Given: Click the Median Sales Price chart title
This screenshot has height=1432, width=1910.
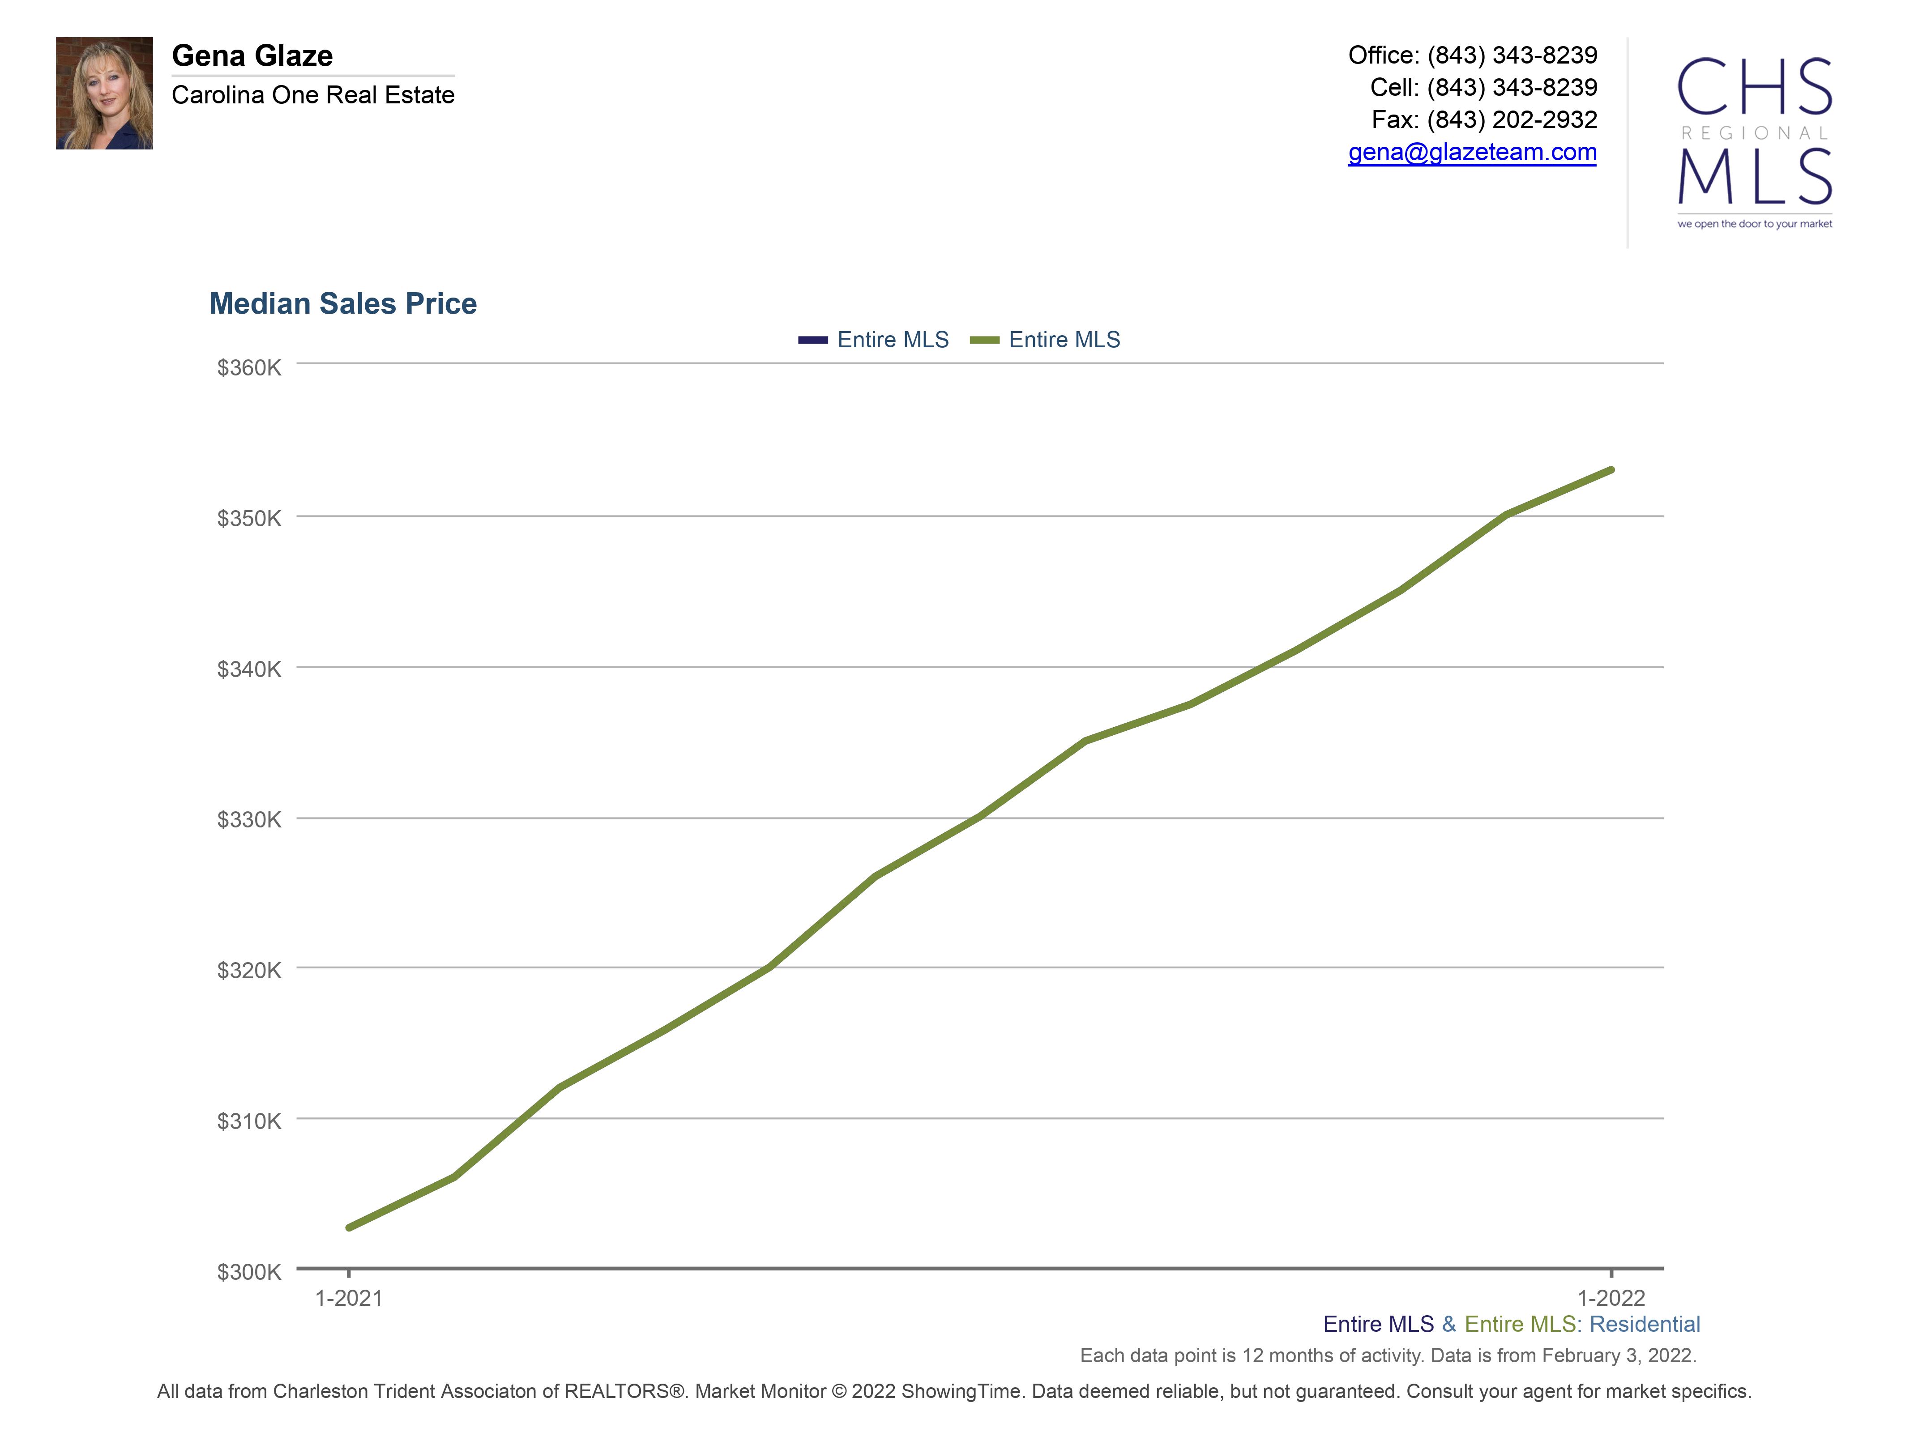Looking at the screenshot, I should click(343, 304).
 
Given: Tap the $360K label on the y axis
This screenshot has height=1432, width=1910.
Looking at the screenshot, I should click(249, 368).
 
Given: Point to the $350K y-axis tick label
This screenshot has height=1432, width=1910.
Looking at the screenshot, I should click(249, 518).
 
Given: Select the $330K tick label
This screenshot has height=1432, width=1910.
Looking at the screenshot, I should click(249, 819).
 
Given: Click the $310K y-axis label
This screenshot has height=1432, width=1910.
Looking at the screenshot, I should click(249, 1121).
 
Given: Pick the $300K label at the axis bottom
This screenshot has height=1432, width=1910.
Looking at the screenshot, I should click(249, 1271).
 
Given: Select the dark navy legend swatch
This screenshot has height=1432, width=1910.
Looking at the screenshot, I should click(812, 340).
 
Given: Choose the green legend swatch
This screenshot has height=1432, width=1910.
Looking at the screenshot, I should click(984, 340).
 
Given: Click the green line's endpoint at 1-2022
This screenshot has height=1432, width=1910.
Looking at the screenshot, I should click(1611, 470).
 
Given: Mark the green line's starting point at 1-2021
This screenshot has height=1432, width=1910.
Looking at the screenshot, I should click(349, 1227).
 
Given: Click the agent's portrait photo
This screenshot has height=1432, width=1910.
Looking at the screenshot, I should click(104, 93).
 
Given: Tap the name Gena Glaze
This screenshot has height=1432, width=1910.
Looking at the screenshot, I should click(252, 56).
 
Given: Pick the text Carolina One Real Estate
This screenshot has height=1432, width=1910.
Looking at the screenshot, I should click(312, 95).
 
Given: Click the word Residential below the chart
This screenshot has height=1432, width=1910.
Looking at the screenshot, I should click(1644, 1324).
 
